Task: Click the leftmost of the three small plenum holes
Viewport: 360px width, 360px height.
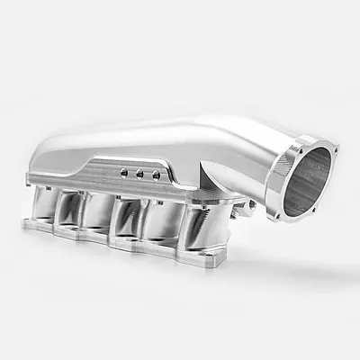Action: click(124, 170)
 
